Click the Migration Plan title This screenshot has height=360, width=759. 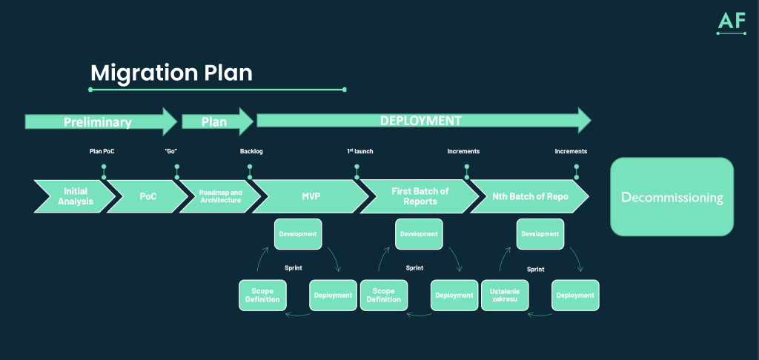171,73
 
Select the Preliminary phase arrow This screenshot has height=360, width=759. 98,122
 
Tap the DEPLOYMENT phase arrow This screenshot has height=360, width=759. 421,121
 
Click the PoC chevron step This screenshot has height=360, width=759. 148,196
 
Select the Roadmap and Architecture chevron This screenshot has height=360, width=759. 220,196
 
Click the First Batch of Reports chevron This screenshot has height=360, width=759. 420,196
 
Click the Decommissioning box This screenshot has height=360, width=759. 672,197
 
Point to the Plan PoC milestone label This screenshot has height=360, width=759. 102,152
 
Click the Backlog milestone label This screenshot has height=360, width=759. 251,152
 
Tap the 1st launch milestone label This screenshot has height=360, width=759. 360,152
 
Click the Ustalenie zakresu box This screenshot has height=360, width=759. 505,295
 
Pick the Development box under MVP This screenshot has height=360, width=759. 298,234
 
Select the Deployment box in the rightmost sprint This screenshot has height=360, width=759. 575,295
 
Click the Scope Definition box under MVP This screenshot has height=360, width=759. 262,295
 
